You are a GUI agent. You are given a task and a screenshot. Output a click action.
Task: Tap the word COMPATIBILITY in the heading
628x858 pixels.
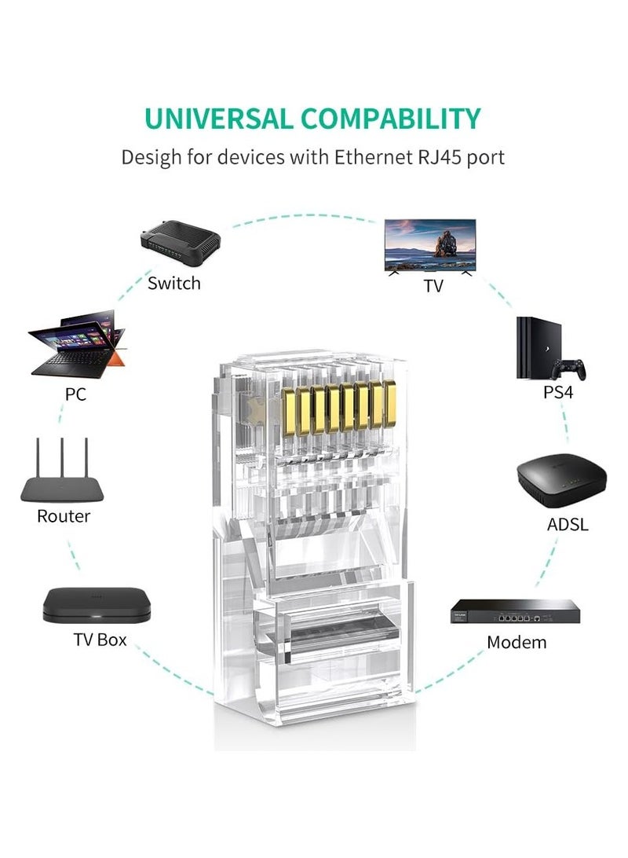pyautogui.click(x=390, y=118)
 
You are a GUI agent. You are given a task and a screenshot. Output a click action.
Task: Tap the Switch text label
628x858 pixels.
pyautogui.click(x=174, y=283)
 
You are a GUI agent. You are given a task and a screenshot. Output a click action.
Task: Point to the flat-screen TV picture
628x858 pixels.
pyautogui.click(x=429, y=244)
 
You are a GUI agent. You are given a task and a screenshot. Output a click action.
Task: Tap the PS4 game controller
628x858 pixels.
pyautogui.click(x=568, y=368)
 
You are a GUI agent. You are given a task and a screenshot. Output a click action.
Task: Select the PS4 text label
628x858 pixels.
pyautogui.click(x=558, y=391)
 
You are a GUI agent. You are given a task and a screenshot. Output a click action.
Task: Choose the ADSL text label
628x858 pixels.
pyautogui.click(x=567, y=524)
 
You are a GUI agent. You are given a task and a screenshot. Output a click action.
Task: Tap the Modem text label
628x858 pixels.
pyautogui.click(x=517, y=642)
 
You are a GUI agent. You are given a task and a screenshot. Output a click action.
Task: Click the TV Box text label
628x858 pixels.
pyautogui.click(x=100, y=639)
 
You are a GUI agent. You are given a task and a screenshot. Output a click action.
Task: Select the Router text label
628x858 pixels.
pyautogui.click(x=64, y=516)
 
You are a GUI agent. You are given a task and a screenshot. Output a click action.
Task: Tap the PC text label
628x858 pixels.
pyautogui.click(x=75, y=394)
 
